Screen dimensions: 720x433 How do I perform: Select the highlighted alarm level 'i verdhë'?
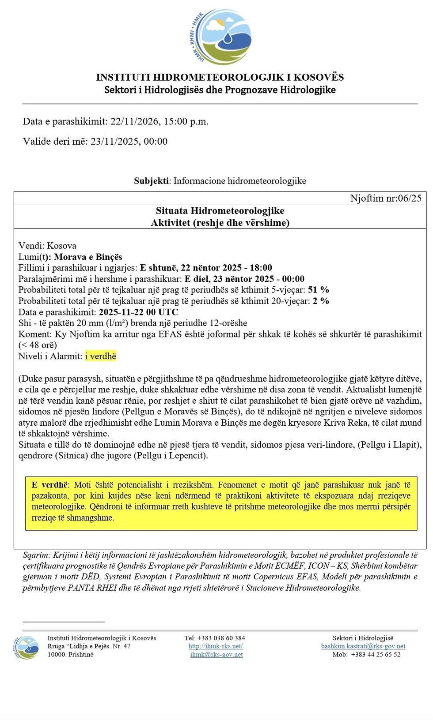[100, 356]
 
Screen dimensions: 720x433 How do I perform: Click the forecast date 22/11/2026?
[134, 121]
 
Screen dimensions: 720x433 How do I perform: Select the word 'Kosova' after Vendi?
[61, 246]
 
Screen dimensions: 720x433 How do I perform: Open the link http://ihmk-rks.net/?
[216, 646]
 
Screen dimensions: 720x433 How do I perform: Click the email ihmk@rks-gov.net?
[216, 654]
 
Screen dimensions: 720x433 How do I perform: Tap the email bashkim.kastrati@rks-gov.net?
[363, 646]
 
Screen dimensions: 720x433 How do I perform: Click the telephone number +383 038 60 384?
[221, 638]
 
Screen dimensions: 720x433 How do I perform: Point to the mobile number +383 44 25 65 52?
[376, 654]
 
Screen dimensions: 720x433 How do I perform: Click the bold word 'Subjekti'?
[151, 180]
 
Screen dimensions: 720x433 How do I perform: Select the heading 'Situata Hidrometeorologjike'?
[220, 210]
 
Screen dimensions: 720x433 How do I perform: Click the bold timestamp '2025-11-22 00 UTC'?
[138, 312]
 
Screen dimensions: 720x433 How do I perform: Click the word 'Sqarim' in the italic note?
[37, 555]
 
